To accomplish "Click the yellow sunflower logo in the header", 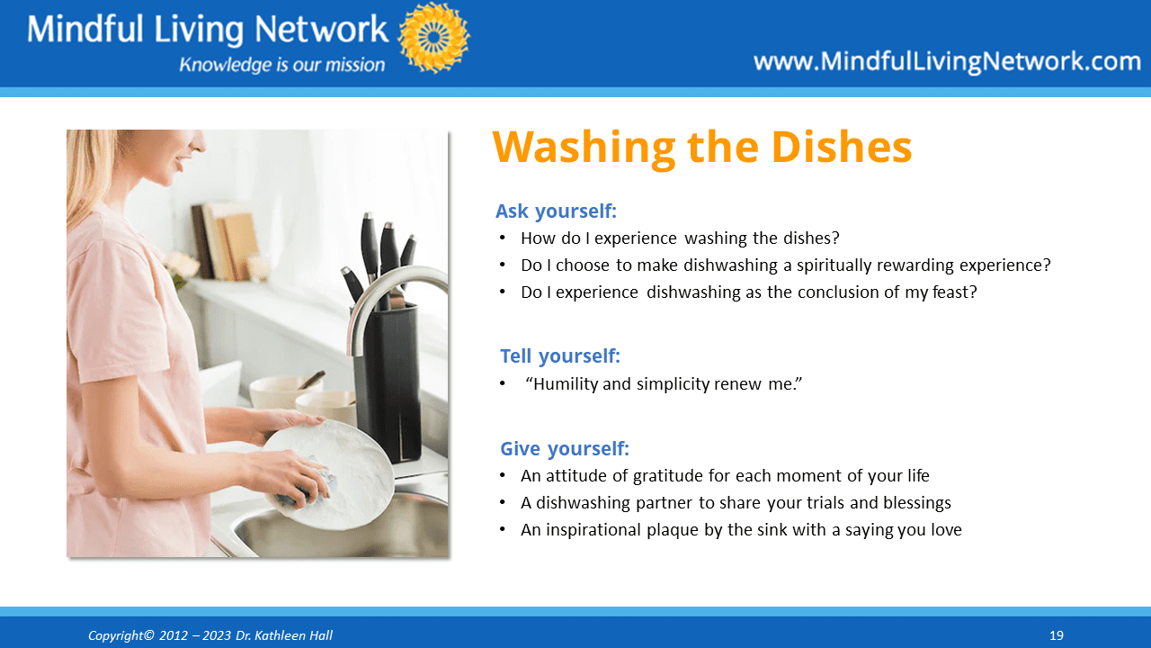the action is point(433,38).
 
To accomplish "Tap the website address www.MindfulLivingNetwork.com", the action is point(947,62).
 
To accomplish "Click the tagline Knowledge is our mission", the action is point(282,65).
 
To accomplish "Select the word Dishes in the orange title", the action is point(842,147).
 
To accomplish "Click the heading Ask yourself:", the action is point(556,211).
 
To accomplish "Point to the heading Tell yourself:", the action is point(560,355).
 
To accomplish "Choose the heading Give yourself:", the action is point(565,449).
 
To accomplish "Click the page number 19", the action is point(1057,635).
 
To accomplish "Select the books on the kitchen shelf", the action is point(226,242).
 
